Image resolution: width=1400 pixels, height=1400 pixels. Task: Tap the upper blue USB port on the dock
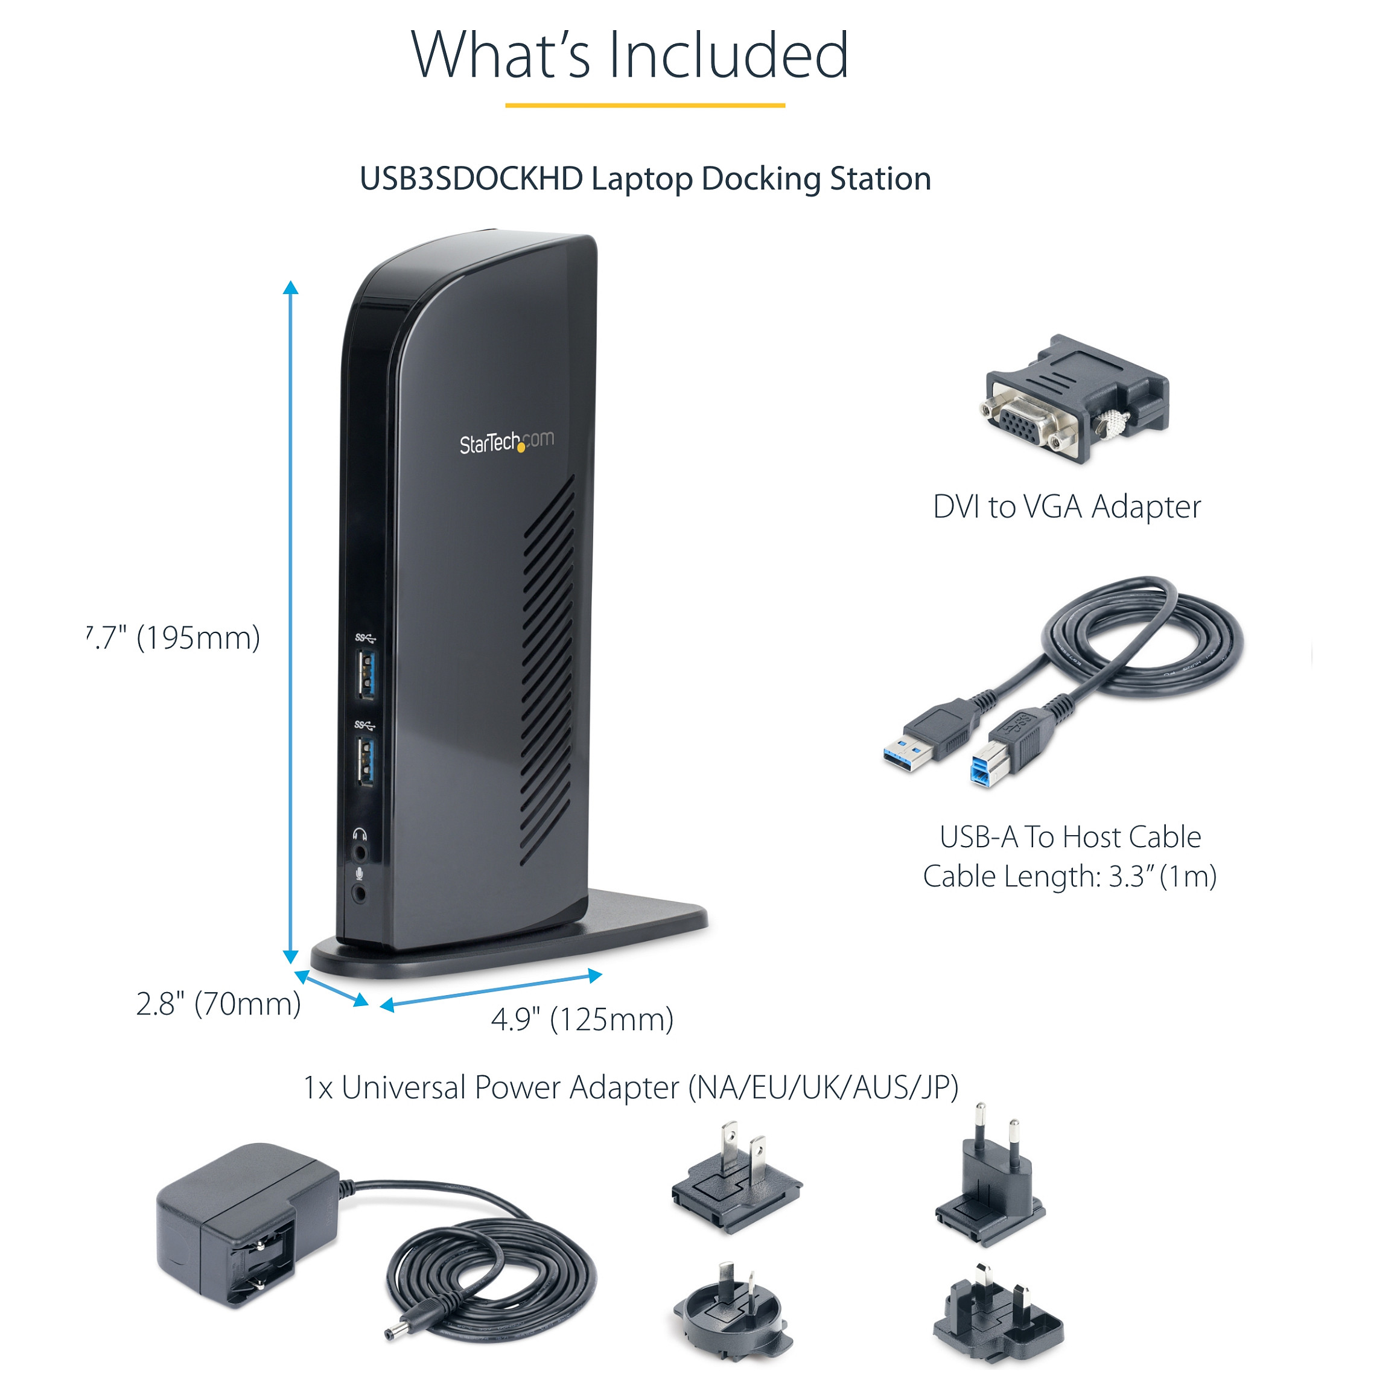pyautogui.click(x=366, y=675)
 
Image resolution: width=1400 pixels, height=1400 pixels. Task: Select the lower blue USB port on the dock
pyautogui.click(x=366, y=762)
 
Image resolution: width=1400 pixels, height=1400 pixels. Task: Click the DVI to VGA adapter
pyautogui.click(x=1076, y=400)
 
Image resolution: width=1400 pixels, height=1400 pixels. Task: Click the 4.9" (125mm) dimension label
pyautogui.click(x=582, y=1020)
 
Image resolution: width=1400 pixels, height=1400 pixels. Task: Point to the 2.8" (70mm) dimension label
pyautogui.click(x=218, y=1004)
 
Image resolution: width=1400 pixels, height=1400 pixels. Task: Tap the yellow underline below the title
pyautogui.click(x=645, y=106)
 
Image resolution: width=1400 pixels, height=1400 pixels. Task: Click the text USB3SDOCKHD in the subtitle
pyautogui.click(x=471, y=178)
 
